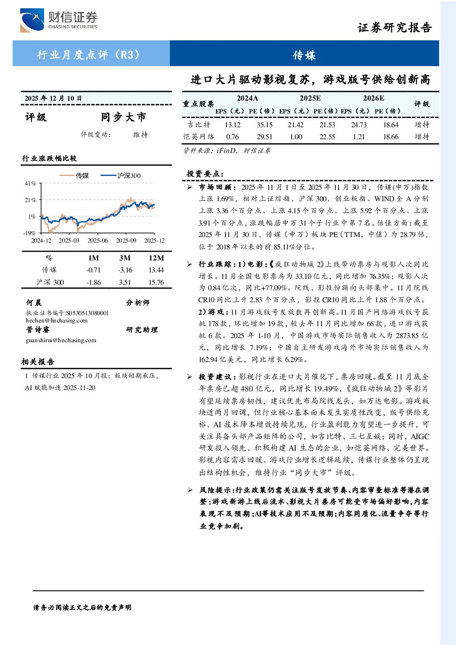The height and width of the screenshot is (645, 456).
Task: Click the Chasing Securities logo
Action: [59, 20]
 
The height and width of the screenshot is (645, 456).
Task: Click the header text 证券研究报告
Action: [394, 28]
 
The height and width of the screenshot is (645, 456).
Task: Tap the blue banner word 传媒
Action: [304, 55]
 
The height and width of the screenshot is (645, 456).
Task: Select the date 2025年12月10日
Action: [53, 98]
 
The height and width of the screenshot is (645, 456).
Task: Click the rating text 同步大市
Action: [124, 117]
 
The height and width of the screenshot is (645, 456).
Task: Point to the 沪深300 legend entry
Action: [120, 175]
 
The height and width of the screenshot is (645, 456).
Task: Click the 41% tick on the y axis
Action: [30, 183]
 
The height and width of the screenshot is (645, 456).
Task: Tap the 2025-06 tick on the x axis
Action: [98, 240]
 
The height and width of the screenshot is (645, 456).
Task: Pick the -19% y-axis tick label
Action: [29, 233]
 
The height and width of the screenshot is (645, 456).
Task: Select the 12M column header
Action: [156, 258]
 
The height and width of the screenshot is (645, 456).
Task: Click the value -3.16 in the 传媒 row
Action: [125, 270]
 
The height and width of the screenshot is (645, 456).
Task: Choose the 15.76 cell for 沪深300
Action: [156, 282]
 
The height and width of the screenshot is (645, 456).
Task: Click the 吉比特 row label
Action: [199, 124]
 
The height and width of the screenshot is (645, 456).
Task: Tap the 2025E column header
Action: [310, 98]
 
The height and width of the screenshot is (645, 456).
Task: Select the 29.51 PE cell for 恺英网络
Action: [264, 137]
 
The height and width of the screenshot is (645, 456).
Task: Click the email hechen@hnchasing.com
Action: [56, 321]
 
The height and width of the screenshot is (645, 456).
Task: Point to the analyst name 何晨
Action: [34, 303]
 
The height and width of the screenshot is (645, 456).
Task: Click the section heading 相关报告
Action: [38, 362]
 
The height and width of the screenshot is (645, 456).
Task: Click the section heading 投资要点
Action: [205, 174]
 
